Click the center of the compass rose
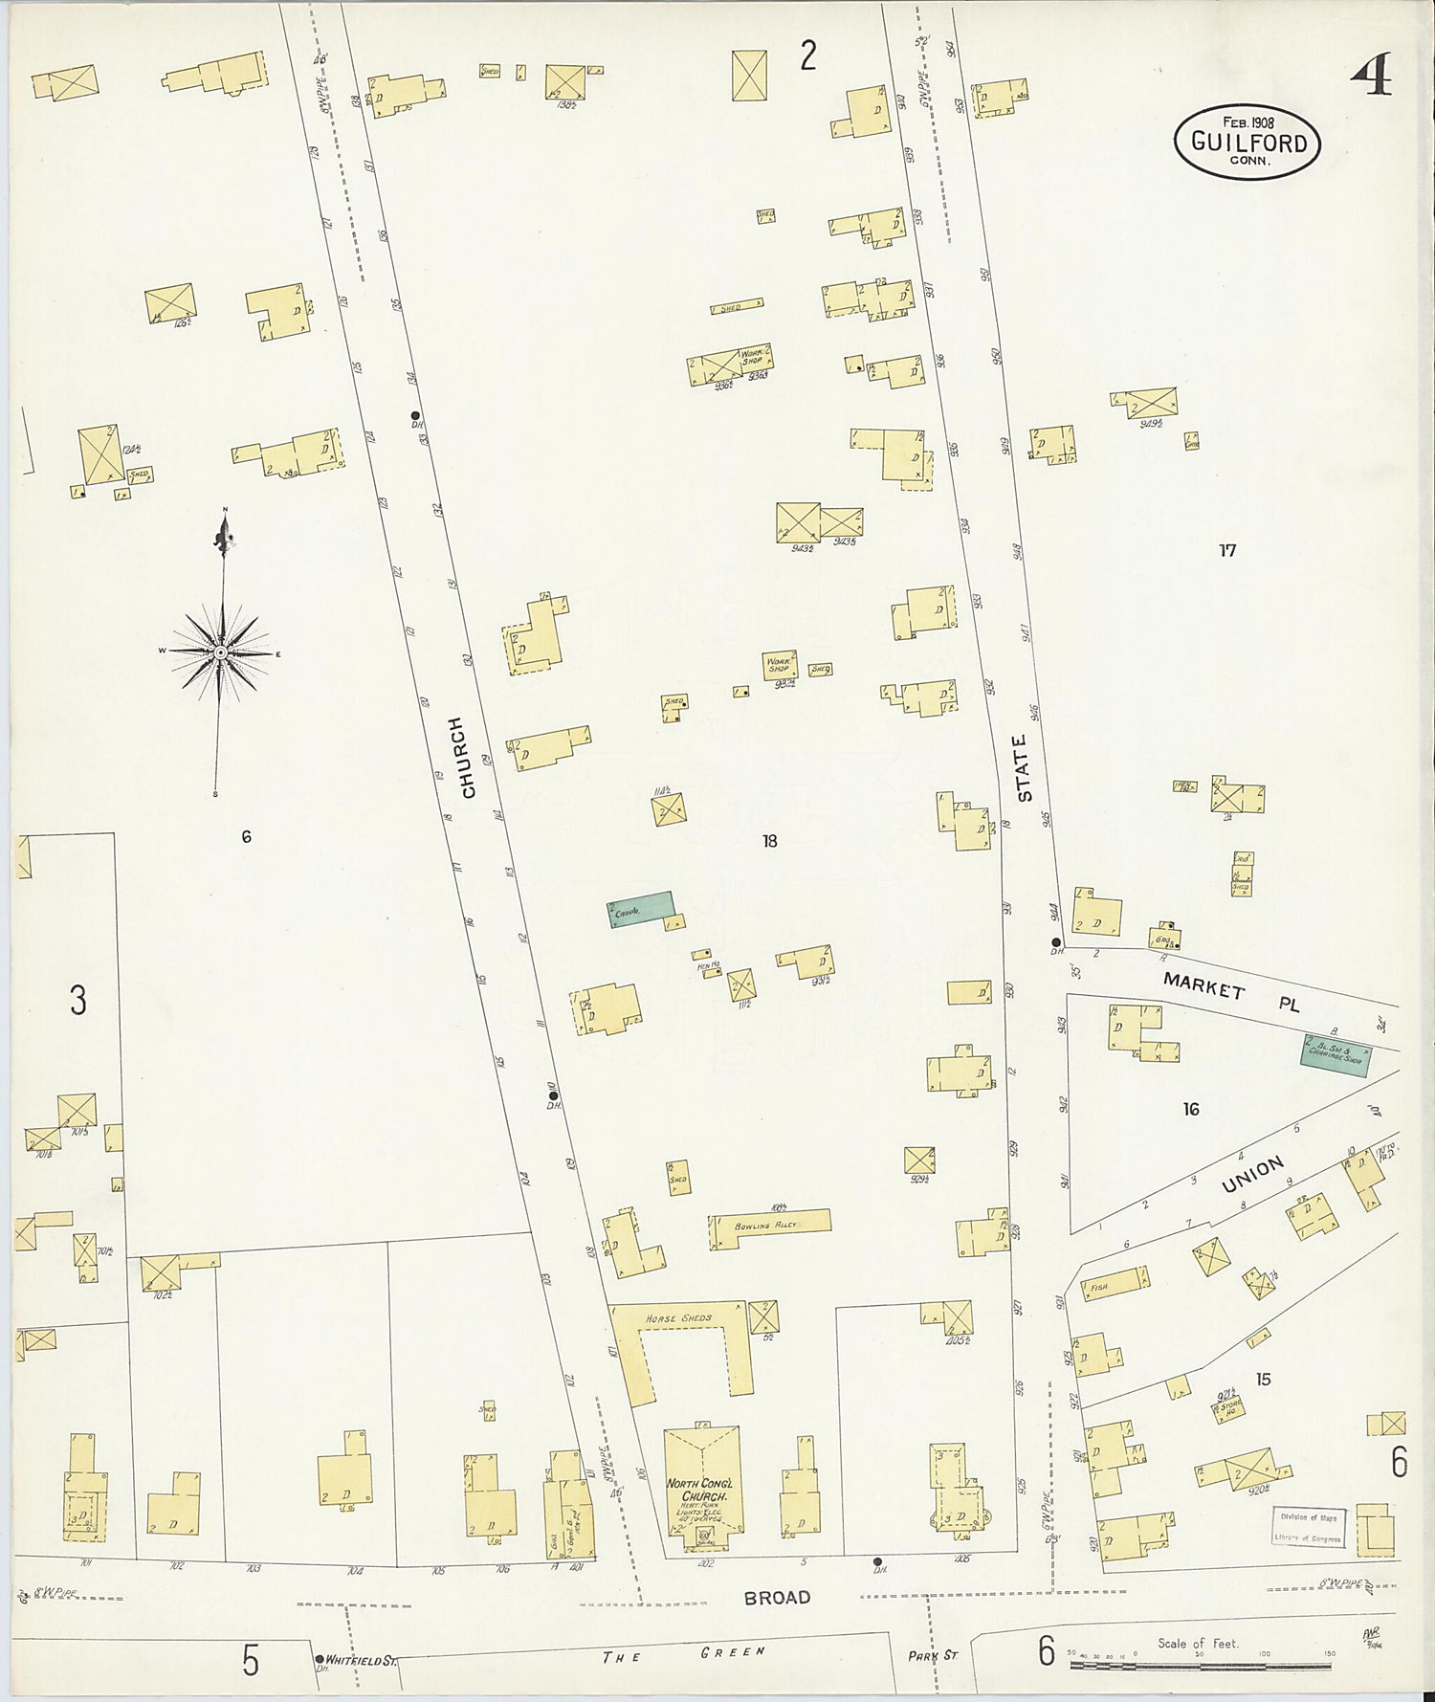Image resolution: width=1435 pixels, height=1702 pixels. point(221,652)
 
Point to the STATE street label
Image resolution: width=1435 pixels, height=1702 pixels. point(1024,768)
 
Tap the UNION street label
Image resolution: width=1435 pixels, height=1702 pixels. point(1252,1174)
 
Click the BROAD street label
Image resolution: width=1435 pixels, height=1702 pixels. point(778,1597)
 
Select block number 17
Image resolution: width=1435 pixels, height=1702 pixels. point(1227,550)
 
